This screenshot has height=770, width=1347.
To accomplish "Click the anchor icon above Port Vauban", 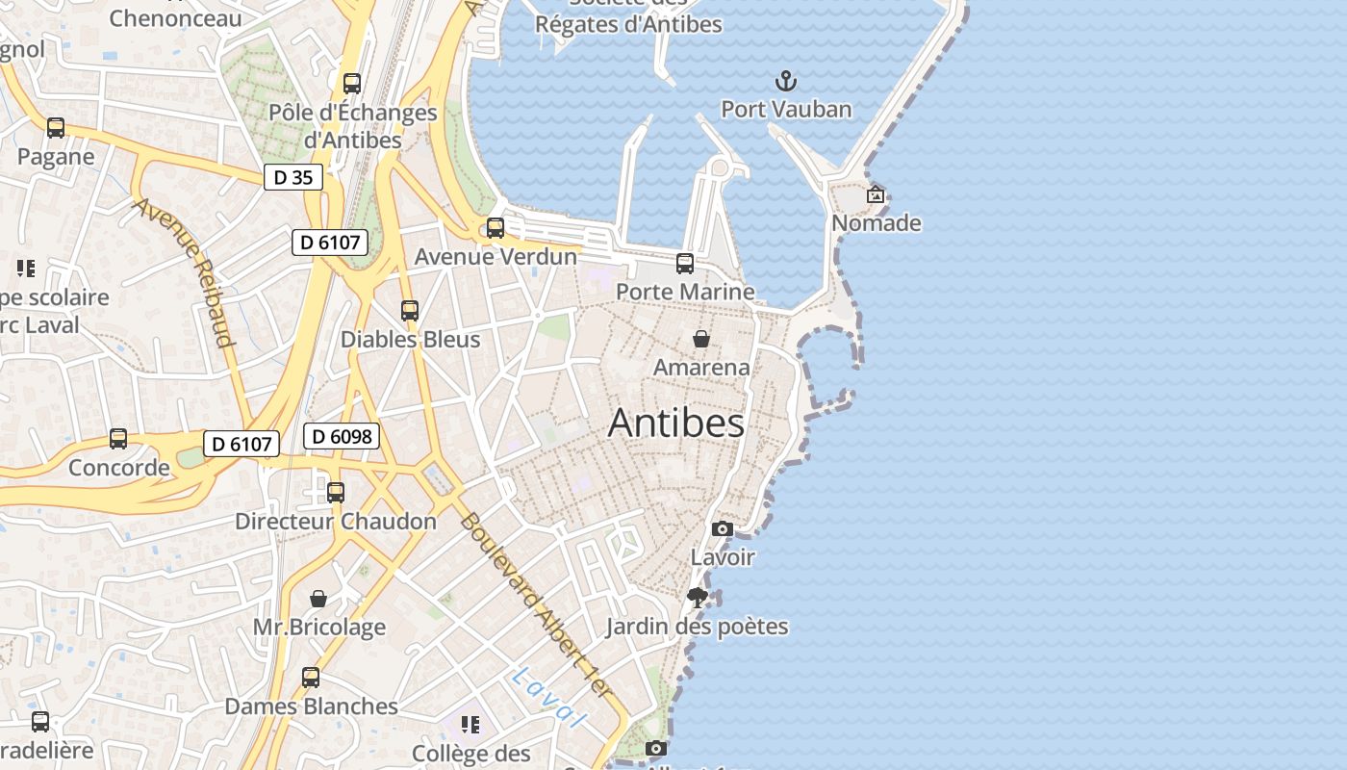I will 787,80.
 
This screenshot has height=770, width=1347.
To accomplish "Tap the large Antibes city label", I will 676,423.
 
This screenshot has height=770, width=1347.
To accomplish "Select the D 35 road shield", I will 293,177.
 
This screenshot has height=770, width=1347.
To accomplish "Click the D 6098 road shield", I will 342,436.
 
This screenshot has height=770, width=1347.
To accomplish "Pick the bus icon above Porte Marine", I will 685,263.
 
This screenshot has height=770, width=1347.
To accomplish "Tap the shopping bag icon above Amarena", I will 701,339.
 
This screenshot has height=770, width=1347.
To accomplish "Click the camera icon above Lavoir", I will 722,528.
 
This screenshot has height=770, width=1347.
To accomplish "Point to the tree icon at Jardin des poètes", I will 698,598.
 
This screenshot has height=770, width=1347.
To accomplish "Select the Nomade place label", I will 877,223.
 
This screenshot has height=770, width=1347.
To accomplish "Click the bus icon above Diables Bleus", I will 410,311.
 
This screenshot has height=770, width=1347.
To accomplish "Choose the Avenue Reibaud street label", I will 184,272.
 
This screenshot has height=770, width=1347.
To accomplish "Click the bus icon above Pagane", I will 56,128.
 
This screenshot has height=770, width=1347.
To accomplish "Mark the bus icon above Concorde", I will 118,439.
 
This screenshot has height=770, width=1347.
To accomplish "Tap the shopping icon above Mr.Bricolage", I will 318,599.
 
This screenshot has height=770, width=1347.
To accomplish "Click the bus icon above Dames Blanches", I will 311,678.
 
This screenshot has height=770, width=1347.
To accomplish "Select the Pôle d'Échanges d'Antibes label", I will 352,126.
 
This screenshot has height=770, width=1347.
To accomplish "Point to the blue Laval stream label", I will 547,697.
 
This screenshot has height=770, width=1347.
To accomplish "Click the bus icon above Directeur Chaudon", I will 336,493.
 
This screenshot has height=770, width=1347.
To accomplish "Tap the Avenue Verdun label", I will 496,257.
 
